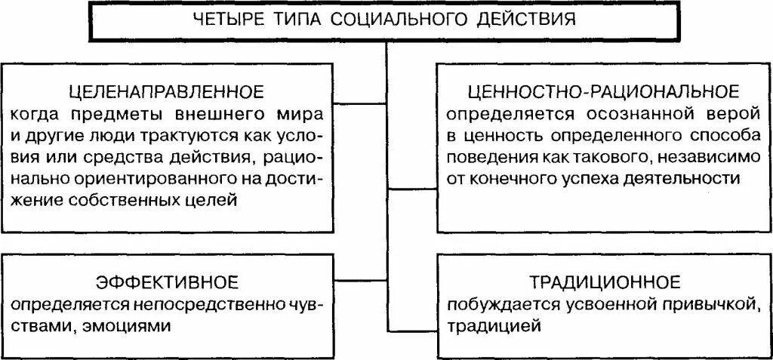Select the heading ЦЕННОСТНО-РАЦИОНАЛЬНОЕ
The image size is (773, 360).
(x=602, y=92)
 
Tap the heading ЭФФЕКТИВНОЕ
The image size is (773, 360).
(x=167, y=283)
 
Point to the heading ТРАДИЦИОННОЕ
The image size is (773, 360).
(x=603, y=283)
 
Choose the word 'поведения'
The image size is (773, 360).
(x=487, y=158)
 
